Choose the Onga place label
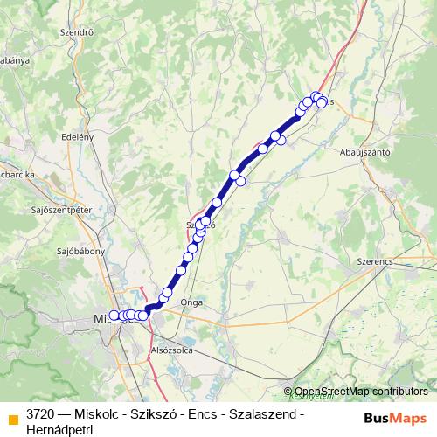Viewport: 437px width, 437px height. [x=191, y=302]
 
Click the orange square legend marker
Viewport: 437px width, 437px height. [x=12, y=415]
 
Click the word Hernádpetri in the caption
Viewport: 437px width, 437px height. [x=60, y=430]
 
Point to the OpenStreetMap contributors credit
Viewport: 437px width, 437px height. [x=361, y=392]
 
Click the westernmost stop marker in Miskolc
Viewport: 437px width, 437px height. [x=114, y=316]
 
